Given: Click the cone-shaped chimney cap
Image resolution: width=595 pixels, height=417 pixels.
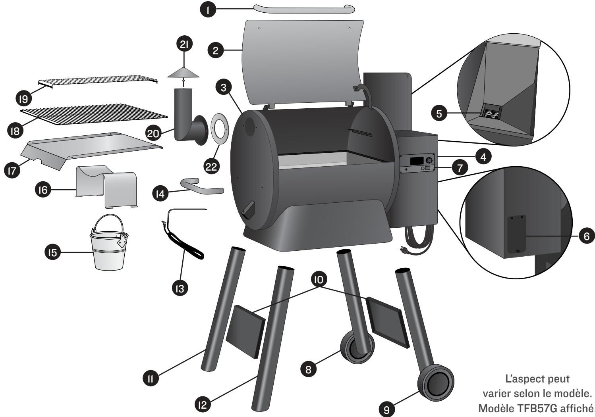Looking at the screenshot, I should point(183,73).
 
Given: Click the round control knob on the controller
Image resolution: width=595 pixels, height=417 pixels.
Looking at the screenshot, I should point(429,160).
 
